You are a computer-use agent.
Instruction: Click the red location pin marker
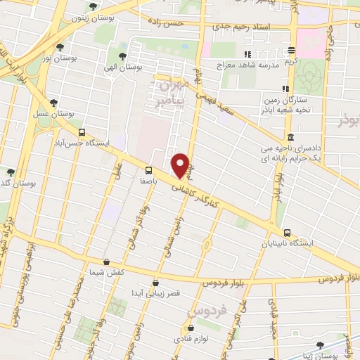[180, 165]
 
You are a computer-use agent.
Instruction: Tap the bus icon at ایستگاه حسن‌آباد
[82, 132]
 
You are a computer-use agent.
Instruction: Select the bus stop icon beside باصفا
[148, 169]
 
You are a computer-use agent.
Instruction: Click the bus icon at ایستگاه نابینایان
[287, 233]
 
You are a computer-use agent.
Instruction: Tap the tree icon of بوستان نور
[60, 48]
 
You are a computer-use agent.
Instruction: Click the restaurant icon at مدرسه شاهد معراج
[247, 54]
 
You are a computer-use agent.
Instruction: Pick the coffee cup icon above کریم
[292, 50]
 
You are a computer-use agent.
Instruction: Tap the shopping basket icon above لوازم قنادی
[189, 328]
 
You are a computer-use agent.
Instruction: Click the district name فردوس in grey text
[206, 309]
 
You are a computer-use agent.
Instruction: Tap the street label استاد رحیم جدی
[261, 25]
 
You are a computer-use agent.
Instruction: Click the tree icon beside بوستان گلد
[11, 172]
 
